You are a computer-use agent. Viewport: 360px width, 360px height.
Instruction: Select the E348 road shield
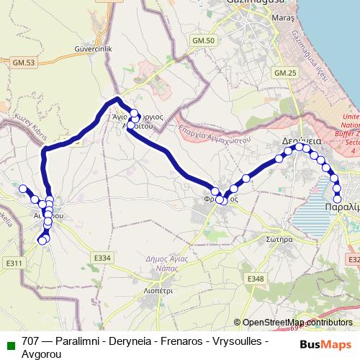[x=256, y=278]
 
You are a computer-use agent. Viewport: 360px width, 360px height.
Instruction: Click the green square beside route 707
[x=9, y=342]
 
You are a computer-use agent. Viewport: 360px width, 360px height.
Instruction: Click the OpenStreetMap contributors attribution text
[x=297, y=323]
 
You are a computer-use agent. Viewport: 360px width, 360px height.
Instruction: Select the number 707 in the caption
[x=30, y=341]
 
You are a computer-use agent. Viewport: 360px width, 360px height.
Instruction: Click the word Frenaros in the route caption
[x=182, y=341]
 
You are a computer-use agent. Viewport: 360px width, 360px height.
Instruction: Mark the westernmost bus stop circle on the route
[x=22, y=189]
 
